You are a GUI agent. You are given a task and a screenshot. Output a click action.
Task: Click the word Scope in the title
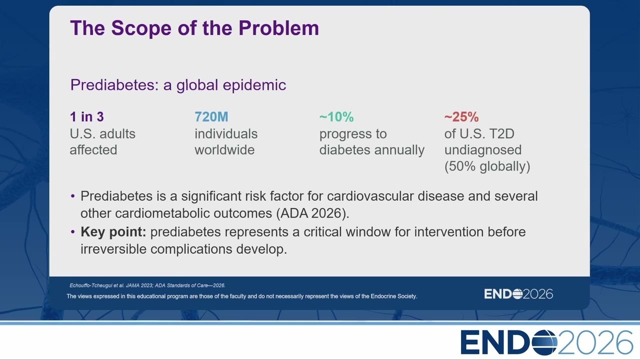[141, 28]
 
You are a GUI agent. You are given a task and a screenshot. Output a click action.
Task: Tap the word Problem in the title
[278, 28]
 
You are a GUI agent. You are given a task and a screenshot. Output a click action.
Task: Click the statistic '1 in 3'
[87, 116]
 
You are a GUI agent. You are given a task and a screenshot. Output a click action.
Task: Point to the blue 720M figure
[211, 116]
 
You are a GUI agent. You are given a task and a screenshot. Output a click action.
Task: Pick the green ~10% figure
[336, 116]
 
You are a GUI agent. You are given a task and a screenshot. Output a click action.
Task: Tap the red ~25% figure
[461, 116]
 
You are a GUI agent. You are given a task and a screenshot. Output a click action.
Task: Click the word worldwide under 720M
[224, 149]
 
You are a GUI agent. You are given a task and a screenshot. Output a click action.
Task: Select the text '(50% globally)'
[487, 166]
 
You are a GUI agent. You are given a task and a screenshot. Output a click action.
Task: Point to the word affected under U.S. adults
[93, 149]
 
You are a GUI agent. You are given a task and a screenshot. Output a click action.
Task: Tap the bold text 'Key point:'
[113, 232]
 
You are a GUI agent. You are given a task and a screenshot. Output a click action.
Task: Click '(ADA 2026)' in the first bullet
[312, 213]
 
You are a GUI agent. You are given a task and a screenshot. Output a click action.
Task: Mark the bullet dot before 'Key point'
[73, 232]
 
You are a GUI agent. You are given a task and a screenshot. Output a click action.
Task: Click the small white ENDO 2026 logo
[518, 294]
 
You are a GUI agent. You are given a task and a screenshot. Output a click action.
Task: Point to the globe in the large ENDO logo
[544, 342]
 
